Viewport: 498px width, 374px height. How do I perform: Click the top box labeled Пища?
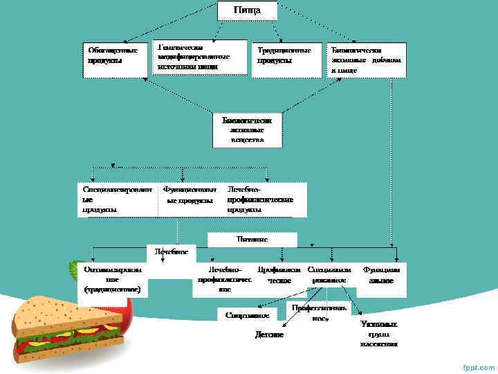coord(247,10)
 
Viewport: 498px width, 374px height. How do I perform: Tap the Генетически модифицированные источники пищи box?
coord(199,56)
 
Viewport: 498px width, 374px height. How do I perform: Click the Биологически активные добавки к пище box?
coord(367,60)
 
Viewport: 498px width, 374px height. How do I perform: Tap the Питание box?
coord(252,239)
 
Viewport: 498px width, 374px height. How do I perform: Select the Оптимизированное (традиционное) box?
coord(113,279)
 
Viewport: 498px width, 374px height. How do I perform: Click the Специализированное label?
coord(329,274)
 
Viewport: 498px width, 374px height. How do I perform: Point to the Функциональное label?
coord(381,274)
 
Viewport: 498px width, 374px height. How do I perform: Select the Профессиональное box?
coord(319,312)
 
